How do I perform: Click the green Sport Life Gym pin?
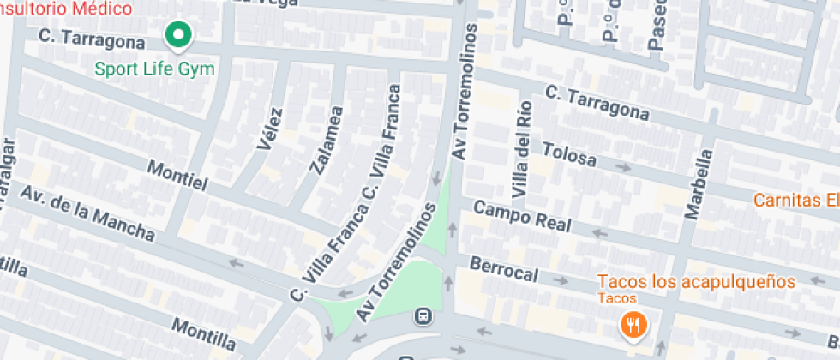(x=178, y=35)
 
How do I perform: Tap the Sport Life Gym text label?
(x=154, y=68)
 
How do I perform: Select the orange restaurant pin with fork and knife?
(x=633, y=325)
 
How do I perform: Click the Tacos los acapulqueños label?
(x=696, y=281)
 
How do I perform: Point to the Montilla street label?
(x=203, y=327)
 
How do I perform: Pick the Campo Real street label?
(x=522, y=217)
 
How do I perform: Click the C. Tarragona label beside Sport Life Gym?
(x=92, y=39)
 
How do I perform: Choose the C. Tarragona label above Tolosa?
(x=597, y=102)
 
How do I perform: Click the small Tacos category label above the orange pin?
(x=617, y=298)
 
